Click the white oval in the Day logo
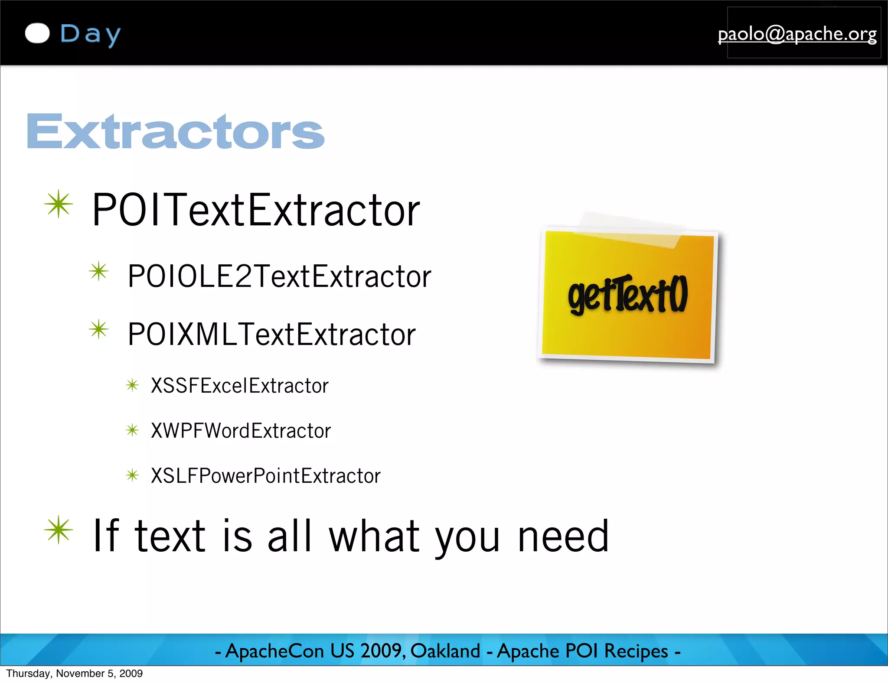tap(37, 33)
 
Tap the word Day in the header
tap(90, 35)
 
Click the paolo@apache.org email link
tap(797, 34)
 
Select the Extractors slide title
tap(175, 131)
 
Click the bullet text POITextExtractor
tap(256, 210)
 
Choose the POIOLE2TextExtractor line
tap(279, 276)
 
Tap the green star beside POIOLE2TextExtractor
tap(99, 271)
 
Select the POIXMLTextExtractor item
tap(271, 335)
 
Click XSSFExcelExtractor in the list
tap(239, 386)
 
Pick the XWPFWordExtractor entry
tap(241, 431)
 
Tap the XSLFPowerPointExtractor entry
tap(265, 476)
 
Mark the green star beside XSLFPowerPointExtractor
tap(132, 475)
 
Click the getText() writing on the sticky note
tap(627, 295)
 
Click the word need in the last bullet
tap(563, 537)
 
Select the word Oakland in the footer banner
tap(445, 651)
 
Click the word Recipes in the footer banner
tap(636, 651)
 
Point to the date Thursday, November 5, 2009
tap(74, 673)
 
